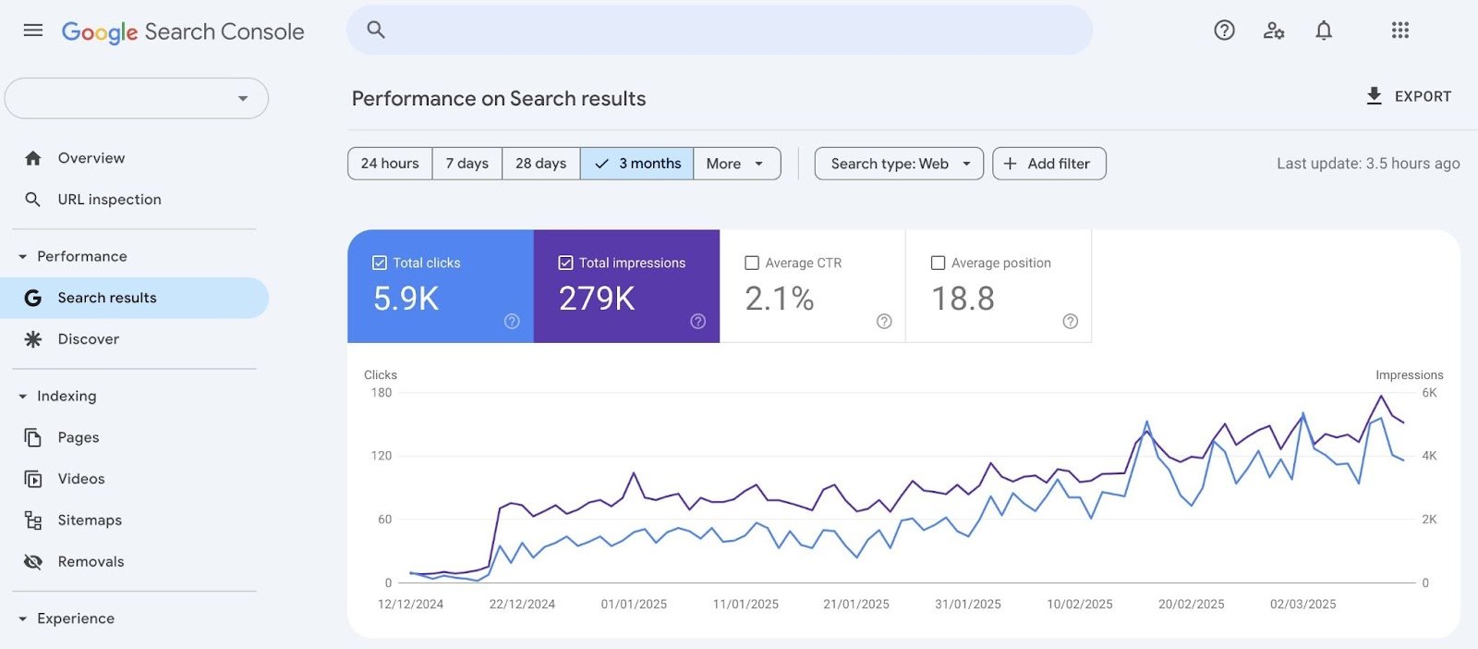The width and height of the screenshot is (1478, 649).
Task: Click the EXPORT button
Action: pyautogui.click(x=1409, y=96)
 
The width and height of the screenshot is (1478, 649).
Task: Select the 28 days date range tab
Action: pyautogui.click(x=540, y=164)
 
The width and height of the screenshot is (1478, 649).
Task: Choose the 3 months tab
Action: pyautogui.click(x=637, y=164)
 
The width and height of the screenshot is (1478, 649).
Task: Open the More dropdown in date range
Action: pyautogui.click(x=736, y=164)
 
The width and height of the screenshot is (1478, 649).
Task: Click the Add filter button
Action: pyautogui.click(x=1048, y=164)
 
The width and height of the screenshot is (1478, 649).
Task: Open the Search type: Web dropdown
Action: pyautogui.click(x=899, y=164)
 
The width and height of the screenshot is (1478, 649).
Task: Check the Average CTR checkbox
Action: pyautogui.click(x=752, y=263)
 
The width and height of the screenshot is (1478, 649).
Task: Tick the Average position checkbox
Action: pyautogui.click(x=938, y=263)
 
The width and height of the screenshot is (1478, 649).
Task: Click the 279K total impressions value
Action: pyautogui.click(x=597, y=299)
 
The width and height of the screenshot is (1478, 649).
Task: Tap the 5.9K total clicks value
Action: pyautogui.click(x=406, y=299)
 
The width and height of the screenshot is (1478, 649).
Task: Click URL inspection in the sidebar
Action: pyautogui.click(x=109, y=200)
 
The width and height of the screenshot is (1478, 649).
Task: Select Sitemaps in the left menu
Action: pyautogui.click(x=90, y=520)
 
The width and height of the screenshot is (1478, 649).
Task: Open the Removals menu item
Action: pyautogui.click(x=91, y=562)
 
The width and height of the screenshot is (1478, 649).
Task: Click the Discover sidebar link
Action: pyautogui.click(x=88, y=339)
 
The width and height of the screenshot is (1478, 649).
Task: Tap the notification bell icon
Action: pyautogui.click(x=1324, y=31)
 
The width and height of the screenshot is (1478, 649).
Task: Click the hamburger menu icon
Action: pyautogui.click(x=33, y=31)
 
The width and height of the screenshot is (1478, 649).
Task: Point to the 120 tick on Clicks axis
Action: pyautogui.click(x=382, y=456)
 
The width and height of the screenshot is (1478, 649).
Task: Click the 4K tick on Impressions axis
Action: pyautogui.click(x=1429, y=456)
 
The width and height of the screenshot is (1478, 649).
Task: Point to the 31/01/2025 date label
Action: pyautogui.click(x=967, y=605)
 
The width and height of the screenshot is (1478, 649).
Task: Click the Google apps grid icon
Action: pyautogui.click(x=1400, y=31)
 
